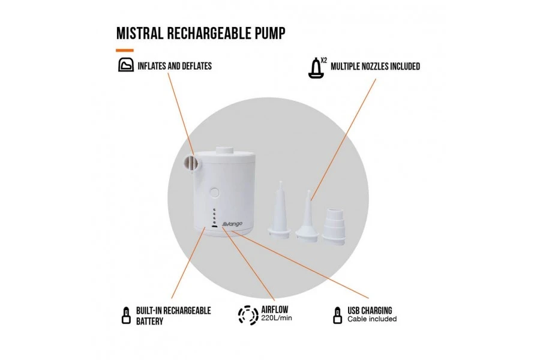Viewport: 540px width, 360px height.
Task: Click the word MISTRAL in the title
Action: [142, 32]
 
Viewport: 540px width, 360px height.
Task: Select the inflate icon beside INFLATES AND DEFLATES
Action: [125, 65]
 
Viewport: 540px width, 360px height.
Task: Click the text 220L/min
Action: [277, 319]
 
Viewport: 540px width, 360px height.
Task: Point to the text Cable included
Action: [372, 319]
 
